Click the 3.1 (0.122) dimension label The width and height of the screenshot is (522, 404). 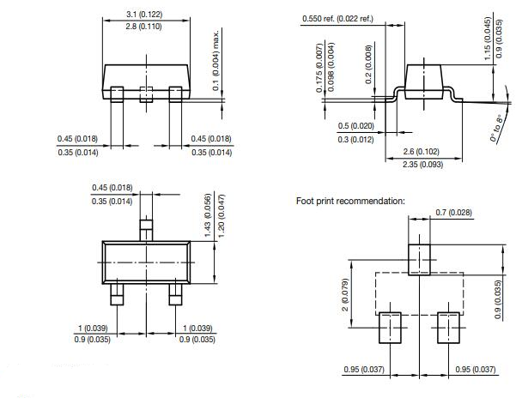coord(143,15)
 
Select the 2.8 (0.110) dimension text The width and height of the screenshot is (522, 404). coord(143,28)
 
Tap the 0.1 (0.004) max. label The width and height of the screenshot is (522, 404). coord(216,61)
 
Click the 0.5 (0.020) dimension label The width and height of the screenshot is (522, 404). coord(355,126)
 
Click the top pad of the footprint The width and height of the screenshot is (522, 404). coord(420,257)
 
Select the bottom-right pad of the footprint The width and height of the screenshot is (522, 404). coord(449,327)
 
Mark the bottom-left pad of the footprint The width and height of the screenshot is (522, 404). coord(391,327)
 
